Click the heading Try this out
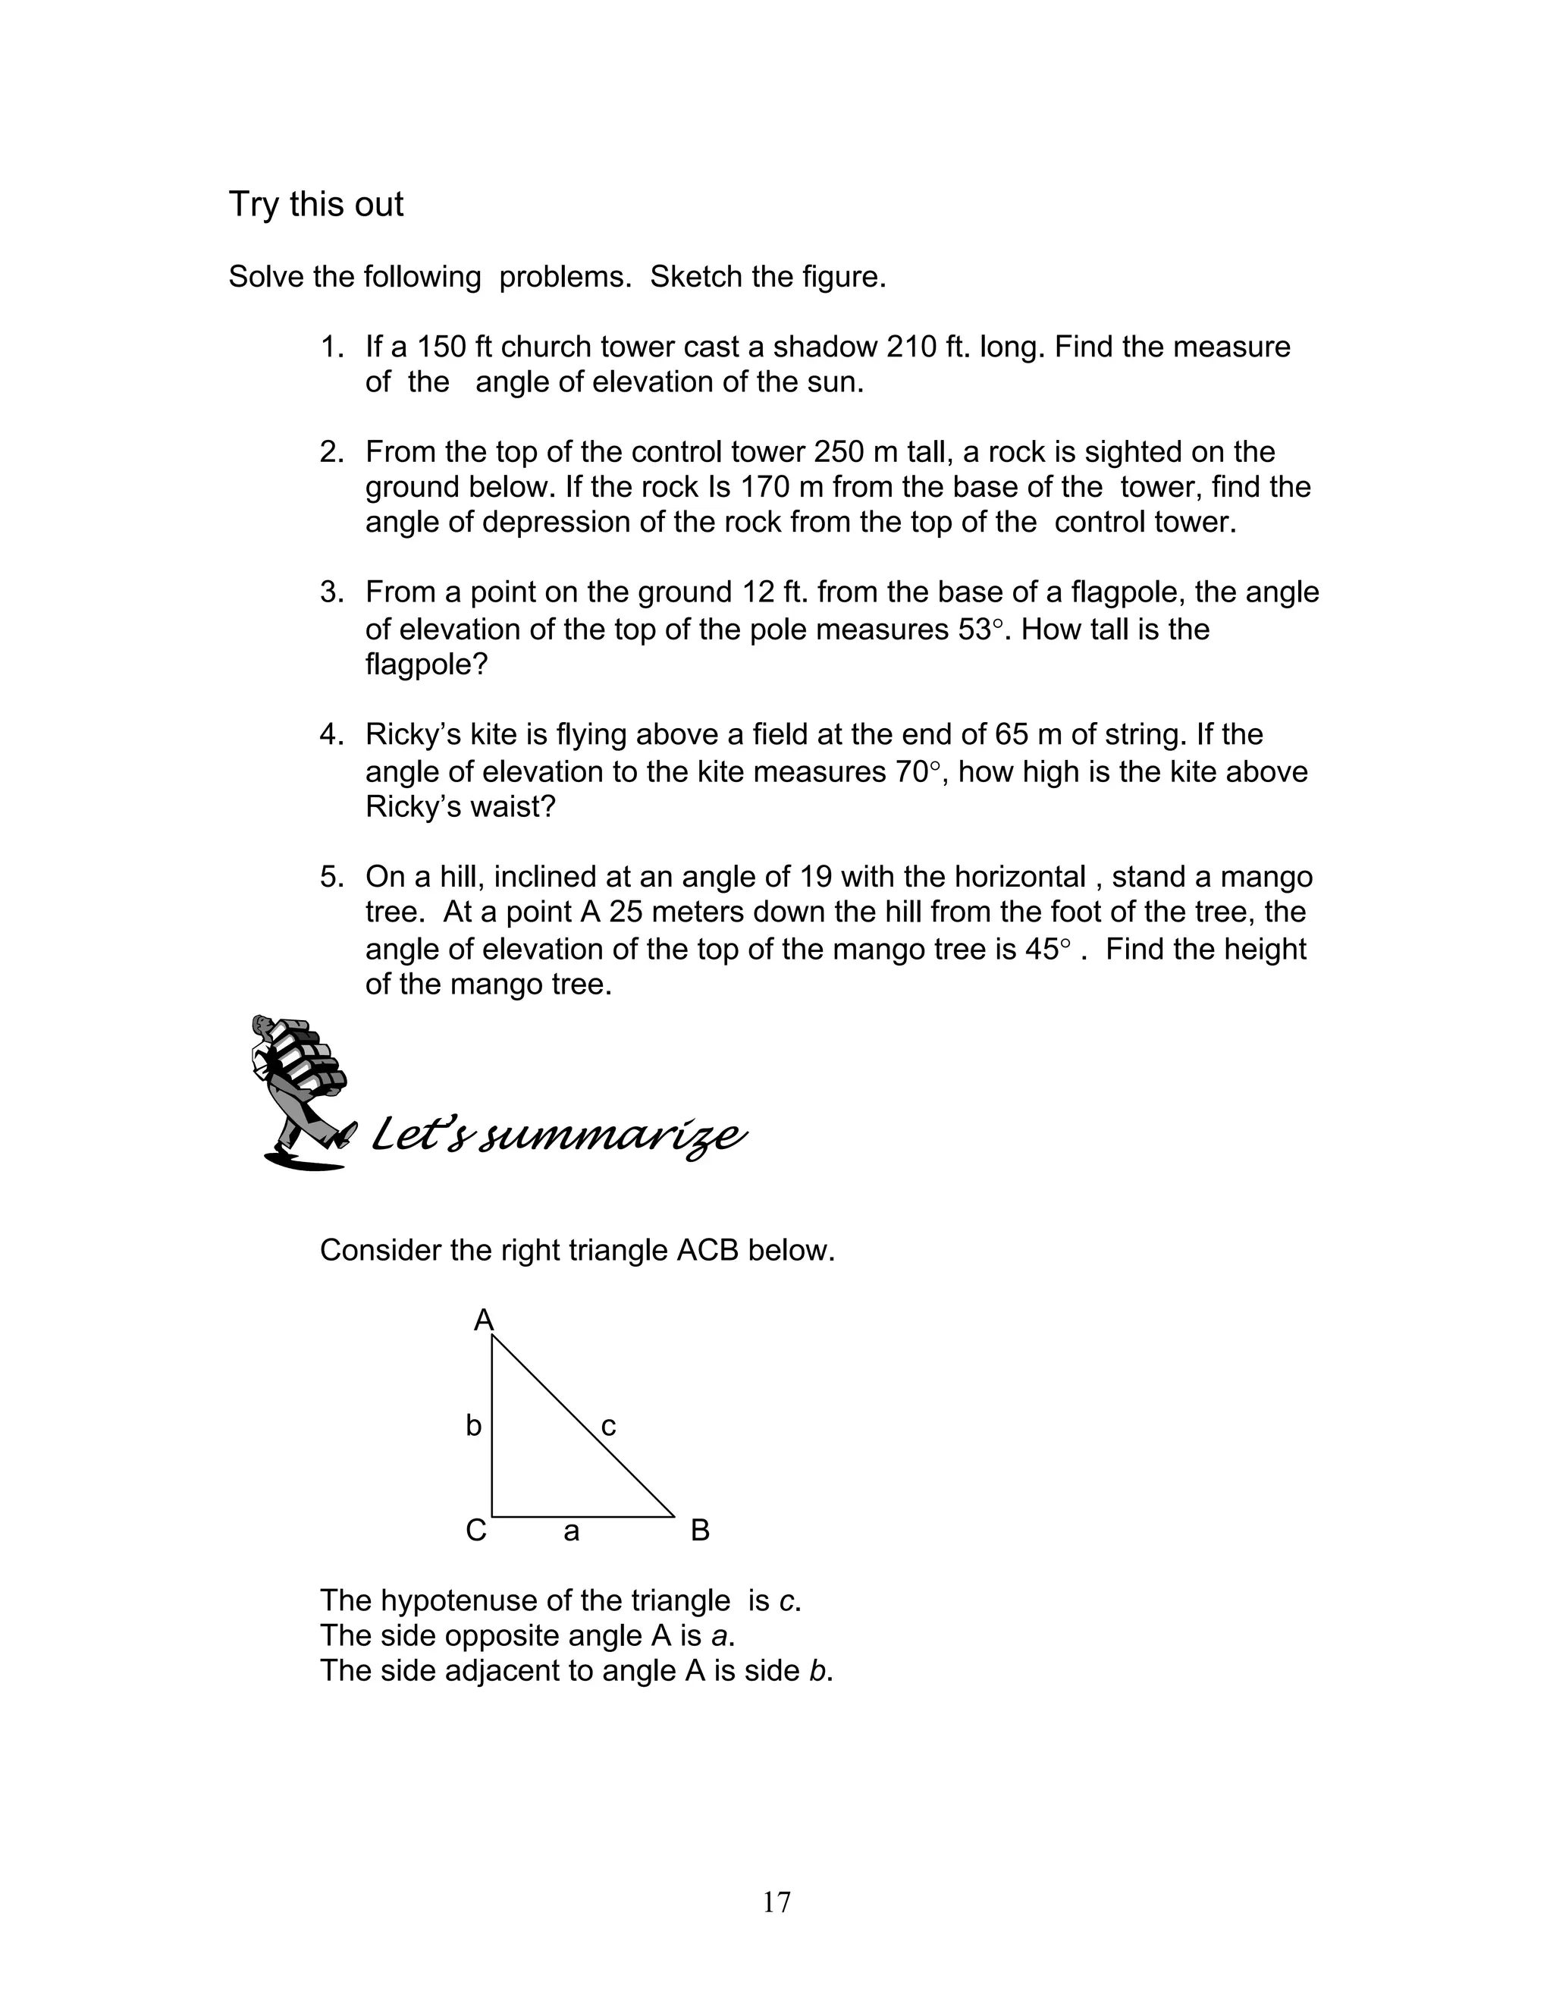pyautogui.click(x=315, y=204)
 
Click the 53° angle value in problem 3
pyautogui.click(x=974, y=630)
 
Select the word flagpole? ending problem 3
pyautogui.click(x=426, y=664)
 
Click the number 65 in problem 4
pyautogui.click(x=1012, y=734)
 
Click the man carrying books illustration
pyautogui.click(x=300, y=1091)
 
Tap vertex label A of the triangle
pyautogui.click(x=483, y=1321)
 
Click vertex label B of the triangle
pyautogui.click(x=699, y=1531)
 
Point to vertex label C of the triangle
pyautogui.click(x=475, y=1531)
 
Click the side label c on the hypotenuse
pyautogui.click(x=608, y=1427)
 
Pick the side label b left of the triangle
pyautogui.click(x=473, y=1426)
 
